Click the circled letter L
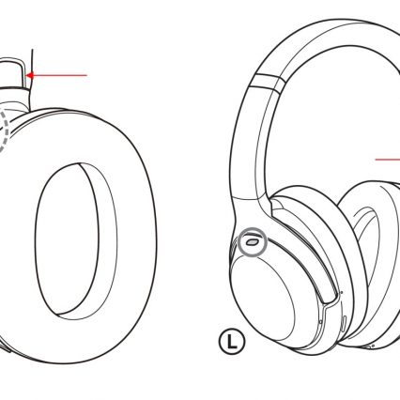point(232,342)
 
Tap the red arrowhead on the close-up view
point(29,75)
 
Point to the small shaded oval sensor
point(252,241)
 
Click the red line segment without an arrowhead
point(388,160)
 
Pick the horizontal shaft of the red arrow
point(59,75)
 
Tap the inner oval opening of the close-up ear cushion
point(67,238)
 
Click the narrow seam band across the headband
point(269,83)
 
